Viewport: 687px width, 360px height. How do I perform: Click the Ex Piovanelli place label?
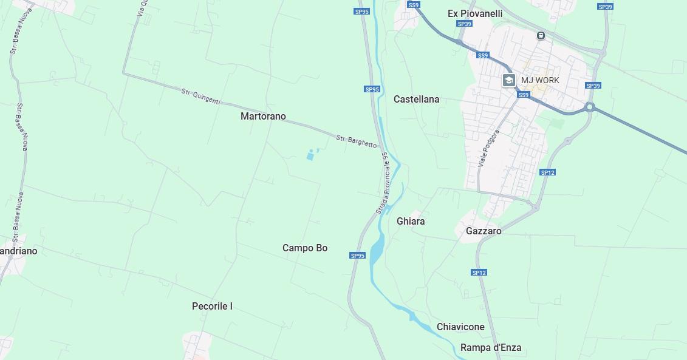(475, 13)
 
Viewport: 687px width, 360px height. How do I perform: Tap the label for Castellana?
(416, 99)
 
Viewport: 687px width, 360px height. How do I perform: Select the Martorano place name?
(263, 116)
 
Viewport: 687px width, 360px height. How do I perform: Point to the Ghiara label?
(411, 221)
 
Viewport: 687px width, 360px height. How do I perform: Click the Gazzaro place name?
(484, 231)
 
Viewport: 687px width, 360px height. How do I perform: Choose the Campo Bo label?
(305, 248)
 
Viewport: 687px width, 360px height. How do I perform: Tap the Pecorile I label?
(212, 306)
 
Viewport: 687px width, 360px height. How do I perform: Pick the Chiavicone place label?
(460, 327)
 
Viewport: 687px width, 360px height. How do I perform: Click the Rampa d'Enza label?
(491, 348)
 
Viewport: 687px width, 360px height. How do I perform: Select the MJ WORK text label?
(540, 80)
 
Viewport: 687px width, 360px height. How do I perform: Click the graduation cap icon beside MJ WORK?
(509, 80)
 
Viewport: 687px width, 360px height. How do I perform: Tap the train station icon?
(541, 36)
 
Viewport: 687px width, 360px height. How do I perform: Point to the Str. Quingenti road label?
(201, 96)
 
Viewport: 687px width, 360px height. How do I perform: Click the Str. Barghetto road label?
(357, 141)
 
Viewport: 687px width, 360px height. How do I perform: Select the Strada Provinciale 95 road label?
(382, 182)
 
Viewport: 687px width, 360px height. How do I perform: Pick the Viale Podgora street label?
(488, 148)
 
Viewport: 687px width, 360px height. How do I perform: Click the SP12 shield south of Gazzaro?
(479, 273)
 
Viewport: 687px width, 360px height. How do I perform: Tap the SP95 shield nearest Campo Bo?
(357, 256)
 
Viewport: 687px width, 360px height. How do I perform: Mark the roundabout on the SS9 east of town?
(589, 107)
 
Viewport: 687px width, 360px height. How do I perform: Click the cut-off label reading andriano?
(19, 251)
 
